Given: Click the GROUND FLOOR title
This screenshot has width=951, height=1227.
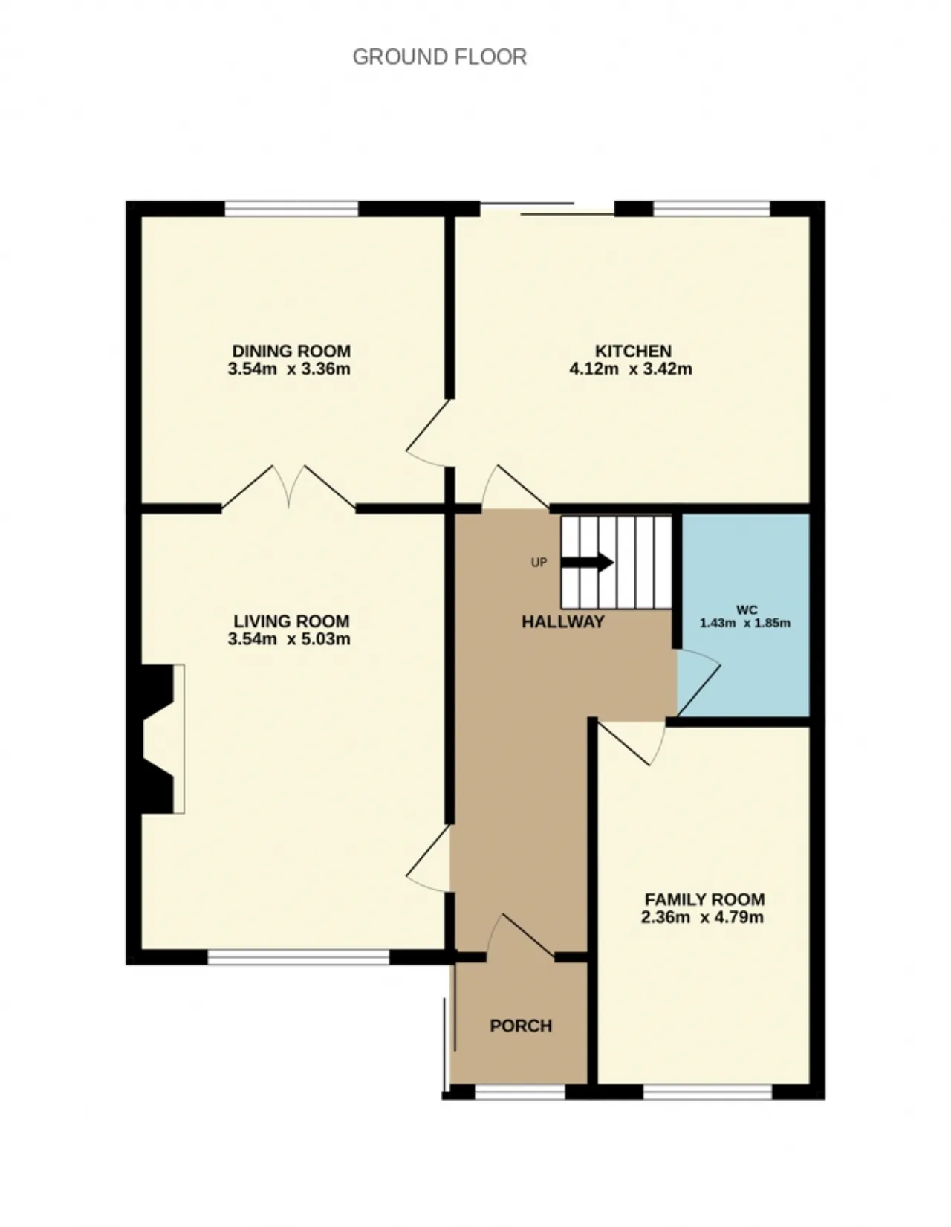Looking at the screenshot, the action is click(x=439, y=57).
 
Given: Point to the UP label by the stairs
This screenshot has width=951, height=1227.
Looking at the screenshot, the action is click(x=539, y=563).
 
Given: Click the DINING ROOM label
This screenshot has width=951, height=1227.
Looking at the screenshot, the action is click(x=291, y=351).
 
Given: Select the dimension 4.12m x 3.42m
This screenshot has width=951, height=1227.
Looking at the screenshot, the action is click(x=631, y=369).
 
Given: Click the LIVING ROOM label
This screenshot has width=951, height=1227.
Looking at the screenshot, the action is click(x=291, y=621).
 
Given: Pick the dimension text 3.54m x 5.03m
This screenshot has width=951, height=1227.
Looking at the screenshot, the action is click(x=289, y=639).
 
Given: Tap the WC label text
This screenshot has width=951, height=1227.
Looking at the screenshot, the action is click(x=746, y=610).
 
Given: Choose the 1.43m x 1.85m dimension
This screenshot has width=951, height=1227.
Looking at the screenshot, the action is click(x=745, y=624).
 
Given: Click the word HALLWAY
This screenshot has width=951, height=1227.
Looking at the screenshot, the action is click(x=562, y=622).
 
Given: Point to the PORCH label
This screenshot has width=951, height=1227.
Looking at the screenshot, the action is click(x=520, y=1026).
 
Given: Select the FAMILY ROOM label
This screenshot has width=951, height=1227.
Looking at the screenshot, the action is click(x=704, y=899).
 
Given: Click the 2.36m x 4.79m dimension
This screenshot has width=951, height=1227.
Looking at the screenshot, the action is click(x=702, y=917).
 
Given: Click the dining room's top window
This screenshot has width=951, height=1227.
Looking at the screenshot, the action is click(x=292, y=208).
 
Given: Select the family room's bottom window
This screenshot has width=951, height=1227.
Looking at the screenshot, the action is click(x=707, y=1092).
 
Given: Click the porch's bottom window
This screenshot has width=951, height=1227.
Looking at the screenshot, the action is click(x=520, y=1092).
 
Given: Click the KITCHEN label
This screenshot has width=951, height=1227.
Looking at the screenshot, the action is click(x=633, y=351).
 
